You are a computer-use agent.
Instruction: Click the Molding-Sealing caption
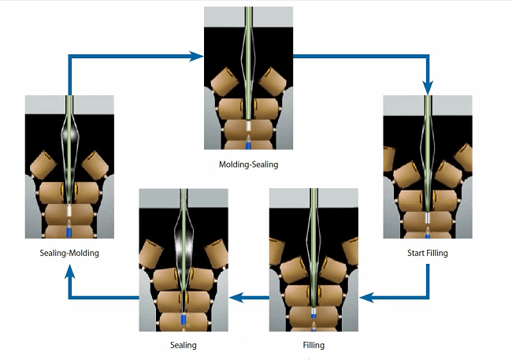point(248,165)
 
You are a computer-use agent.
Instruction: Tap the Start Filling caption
point(427,254)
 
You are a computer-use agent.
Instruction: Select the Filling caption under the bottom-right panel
point(313,345)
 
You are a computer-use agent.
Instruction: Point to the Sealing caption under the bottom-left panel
point(183,345)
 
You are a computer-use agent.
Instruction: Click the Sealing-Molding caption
point(69,254)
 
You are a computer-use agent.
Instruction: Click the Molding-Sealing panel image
point(248,79)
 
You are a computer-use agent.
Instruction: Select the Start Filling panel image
point(427,166)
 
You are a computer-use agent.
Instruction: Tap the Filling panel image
point(313,261)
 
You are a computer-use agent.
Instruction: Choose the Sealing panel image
point(183,261)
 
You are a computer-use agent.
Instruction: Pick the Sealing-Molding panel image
point(69,166)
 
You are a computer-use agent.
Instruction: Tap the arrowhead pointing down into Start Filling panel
point(428,88)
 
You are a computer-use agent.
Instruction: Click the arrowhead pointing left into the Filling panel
point(365,298)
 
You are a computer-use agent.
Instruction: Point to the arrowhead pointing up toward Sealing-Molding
point(69,270)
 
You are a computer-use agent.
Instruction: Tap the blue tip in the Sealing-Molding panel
point(69,232)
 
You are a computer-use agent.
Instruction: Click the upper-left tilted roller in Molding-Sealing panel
point(224,77)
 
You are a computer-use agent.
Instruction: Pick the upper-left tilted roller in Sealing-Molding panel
point(43,165)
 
